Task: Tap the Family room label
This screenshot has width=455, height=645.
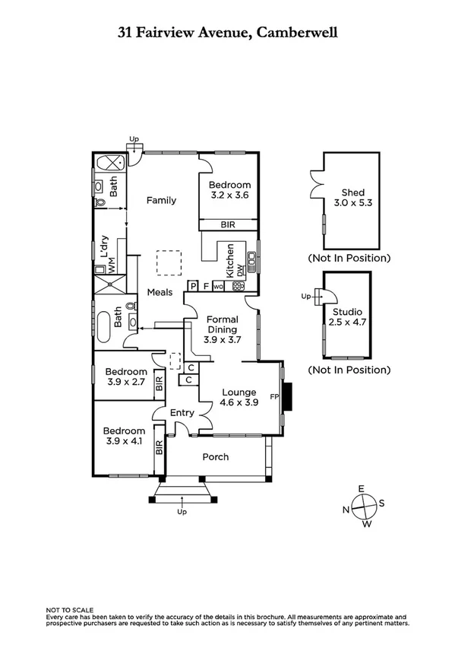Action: coord(162,201)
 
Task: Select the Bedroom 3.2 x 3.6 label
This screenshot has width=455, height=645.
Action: coord(229,190)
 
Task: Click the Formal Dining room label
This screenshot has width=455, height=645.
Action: coord(223,325)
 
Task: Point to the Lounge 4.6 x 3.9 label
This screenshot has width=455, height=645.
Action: coord(239,397)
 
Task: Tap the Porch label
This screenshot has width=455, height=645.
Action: coord(215,457)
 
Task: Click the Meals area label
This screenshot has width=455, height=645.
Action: coord(160,292)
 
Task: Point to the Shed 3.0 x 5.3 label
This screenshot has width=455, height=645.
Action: coord(349,199)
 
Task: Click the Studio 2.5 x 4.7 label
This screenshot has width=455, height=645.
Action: coord(347,317)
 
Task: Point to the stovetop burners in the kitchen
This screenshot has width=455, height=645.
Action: coord(239,287)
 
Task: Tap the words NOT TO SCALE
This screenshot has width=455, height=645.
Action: coord(70,610)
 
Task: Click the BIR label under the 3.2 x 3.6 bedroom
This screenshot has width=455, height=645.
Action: coord(227,225)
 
